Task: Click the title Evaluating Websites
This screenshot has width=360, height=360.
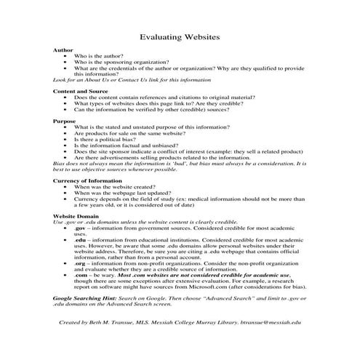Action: (180, 35)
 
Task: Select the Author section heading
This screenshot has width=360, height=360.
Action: (63, 49)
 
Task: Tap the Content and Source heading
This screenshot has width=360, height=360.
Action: (82, 90)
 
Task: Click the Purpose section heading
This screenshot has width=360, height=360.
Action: (65, 120)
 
